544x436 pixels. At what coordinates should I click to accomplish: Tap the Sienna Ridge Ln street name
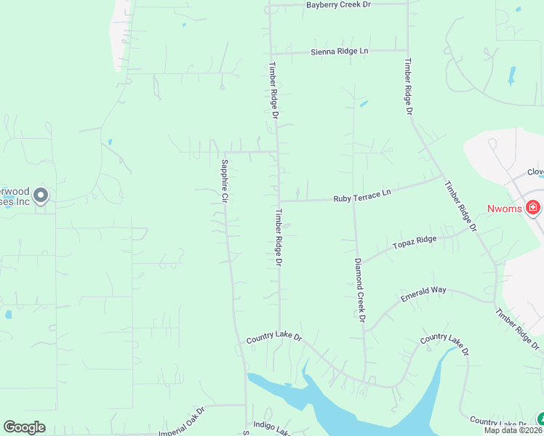[340, 52]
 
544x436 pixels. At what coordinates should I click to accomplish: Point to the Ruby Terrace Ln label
[362, 196]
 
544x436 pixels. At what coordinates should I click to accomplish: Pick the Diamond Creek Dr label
[359, 289]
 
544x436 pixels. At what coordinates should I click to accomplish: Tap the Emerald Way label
[423, 294]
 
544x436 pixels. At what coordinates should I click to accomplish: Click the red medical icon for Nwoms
[533, 209]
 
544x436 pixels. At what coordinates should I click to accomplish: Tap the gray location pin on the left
[41, 195]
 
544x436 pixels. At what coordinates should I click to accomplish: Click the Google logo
[24, 427]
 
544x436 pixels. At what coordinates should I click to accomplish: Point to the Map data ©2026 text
[512, 430]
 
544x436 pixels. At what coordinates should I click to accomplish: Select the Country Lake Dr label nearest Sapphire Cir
[273, 336]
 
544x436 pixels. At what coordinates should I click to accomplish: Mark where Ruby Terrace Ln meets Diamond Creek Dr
[354, 200]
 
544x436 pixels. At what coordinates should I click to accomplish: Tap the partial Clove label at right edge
[536, 173]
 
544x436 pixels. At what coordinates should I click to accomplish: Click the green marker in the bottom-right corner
[540, 419]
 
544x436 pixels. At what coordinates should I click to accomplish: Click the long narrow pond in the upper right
[512, 75]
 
